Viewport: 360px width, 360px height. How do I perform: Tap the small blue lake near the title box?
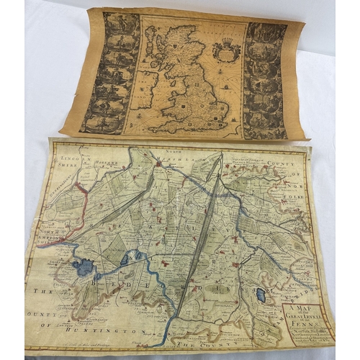pos(261,295)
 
